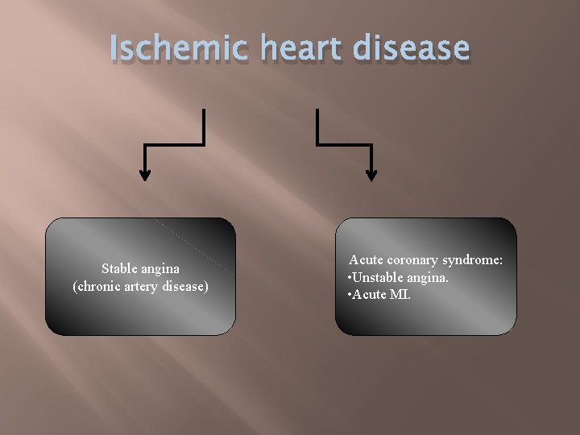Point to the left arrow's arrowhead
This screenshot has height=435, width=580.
point(145,175)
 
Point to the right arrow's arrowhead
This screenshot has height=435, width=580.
point(371,175)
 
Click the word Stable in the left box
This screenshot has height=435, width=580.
point(118,268)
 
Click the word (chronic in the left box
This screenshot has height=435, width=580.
point(97,286)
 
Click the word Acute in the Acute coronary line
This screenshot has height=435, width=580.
point(366,260)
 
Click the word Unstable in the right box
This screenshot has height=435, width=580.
point(377,277)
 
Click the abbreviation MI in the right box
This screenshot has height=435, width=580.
point(400,294)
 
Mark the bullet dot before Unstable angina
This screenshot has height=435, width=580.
point(348,278)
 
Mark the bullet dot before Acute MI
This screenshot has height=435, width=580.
point(348,295)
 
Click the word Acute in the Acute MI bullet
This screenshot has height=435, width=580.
point(369,294)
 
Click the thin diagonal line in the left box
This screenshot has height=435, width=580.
point(193,246)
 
